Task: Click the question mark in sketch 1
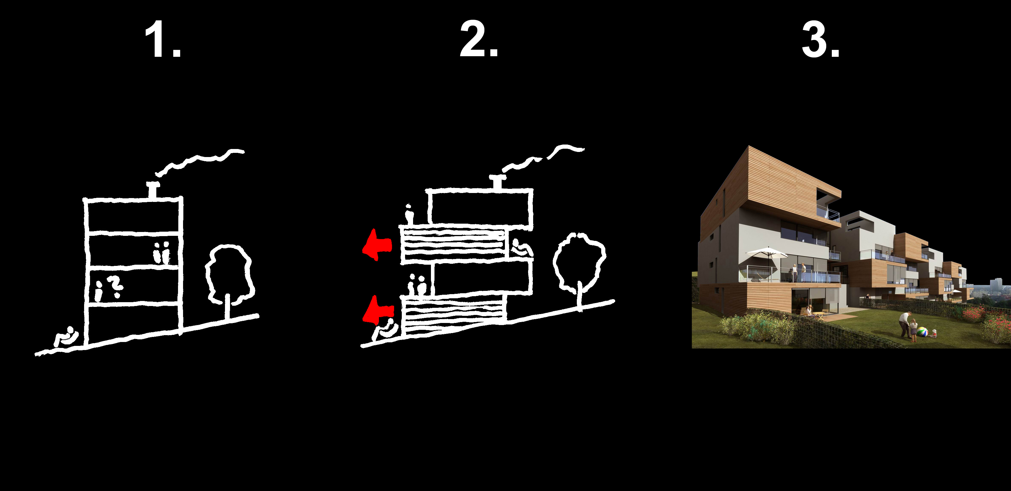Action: (x=116, y=287)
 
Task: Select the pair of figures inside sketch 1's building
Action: (x=162, y=252)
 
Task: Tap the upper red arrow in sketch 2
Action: (x=377, y=244)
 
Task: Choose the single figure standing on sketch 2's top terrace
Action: (x=409, y=214)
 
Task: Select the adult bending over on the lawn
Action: (x=906, y=324)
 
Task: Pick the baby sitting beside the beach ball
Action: (x=934, y=334)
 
